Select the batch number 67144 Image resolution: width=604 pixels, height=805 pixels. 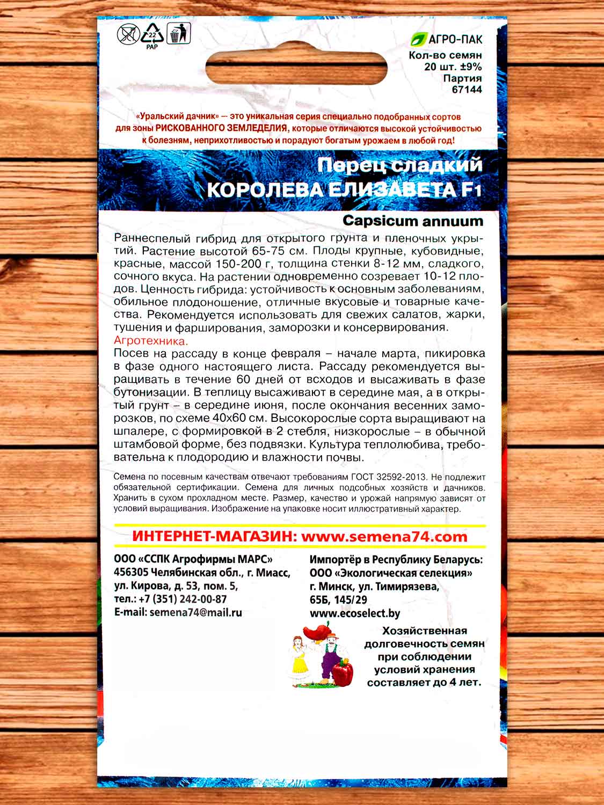(467, 90)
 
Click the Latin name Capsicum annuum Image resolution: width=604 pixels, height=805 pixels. (412, 221)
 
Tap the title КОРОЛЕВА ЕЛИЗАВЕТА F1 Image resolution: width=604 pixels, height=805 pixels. (348, 191)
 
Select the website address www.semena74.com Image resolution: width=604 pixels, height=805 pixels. (384, 537)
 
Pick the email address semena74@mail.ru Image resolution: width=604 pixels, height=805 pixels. (196, 612)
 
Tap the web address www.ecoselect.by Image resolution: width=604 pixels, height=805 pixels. (355, 613)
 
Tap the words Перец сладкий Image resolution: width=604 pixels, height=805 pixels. (400, 166)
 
